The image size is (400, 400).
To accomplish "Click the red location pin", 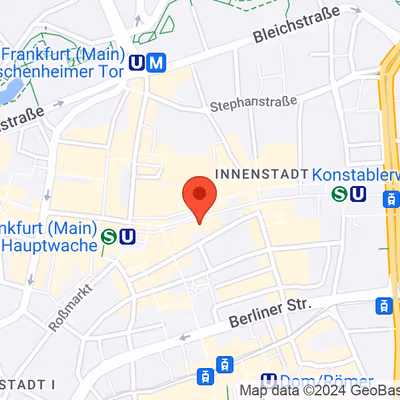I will click(199, 196).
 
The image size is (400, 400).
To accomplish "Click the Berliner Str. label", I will click(269, 311).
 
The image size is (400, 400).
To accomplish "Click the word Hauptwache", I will click(50, 243).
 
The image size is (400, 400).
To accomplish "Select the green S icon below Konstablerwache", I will click(340, 194).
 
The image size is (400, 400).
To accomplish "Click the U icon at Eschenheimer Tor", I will click(138, 64).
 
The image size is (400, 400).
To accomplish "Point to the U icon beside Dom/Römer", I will click(268, 381).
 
